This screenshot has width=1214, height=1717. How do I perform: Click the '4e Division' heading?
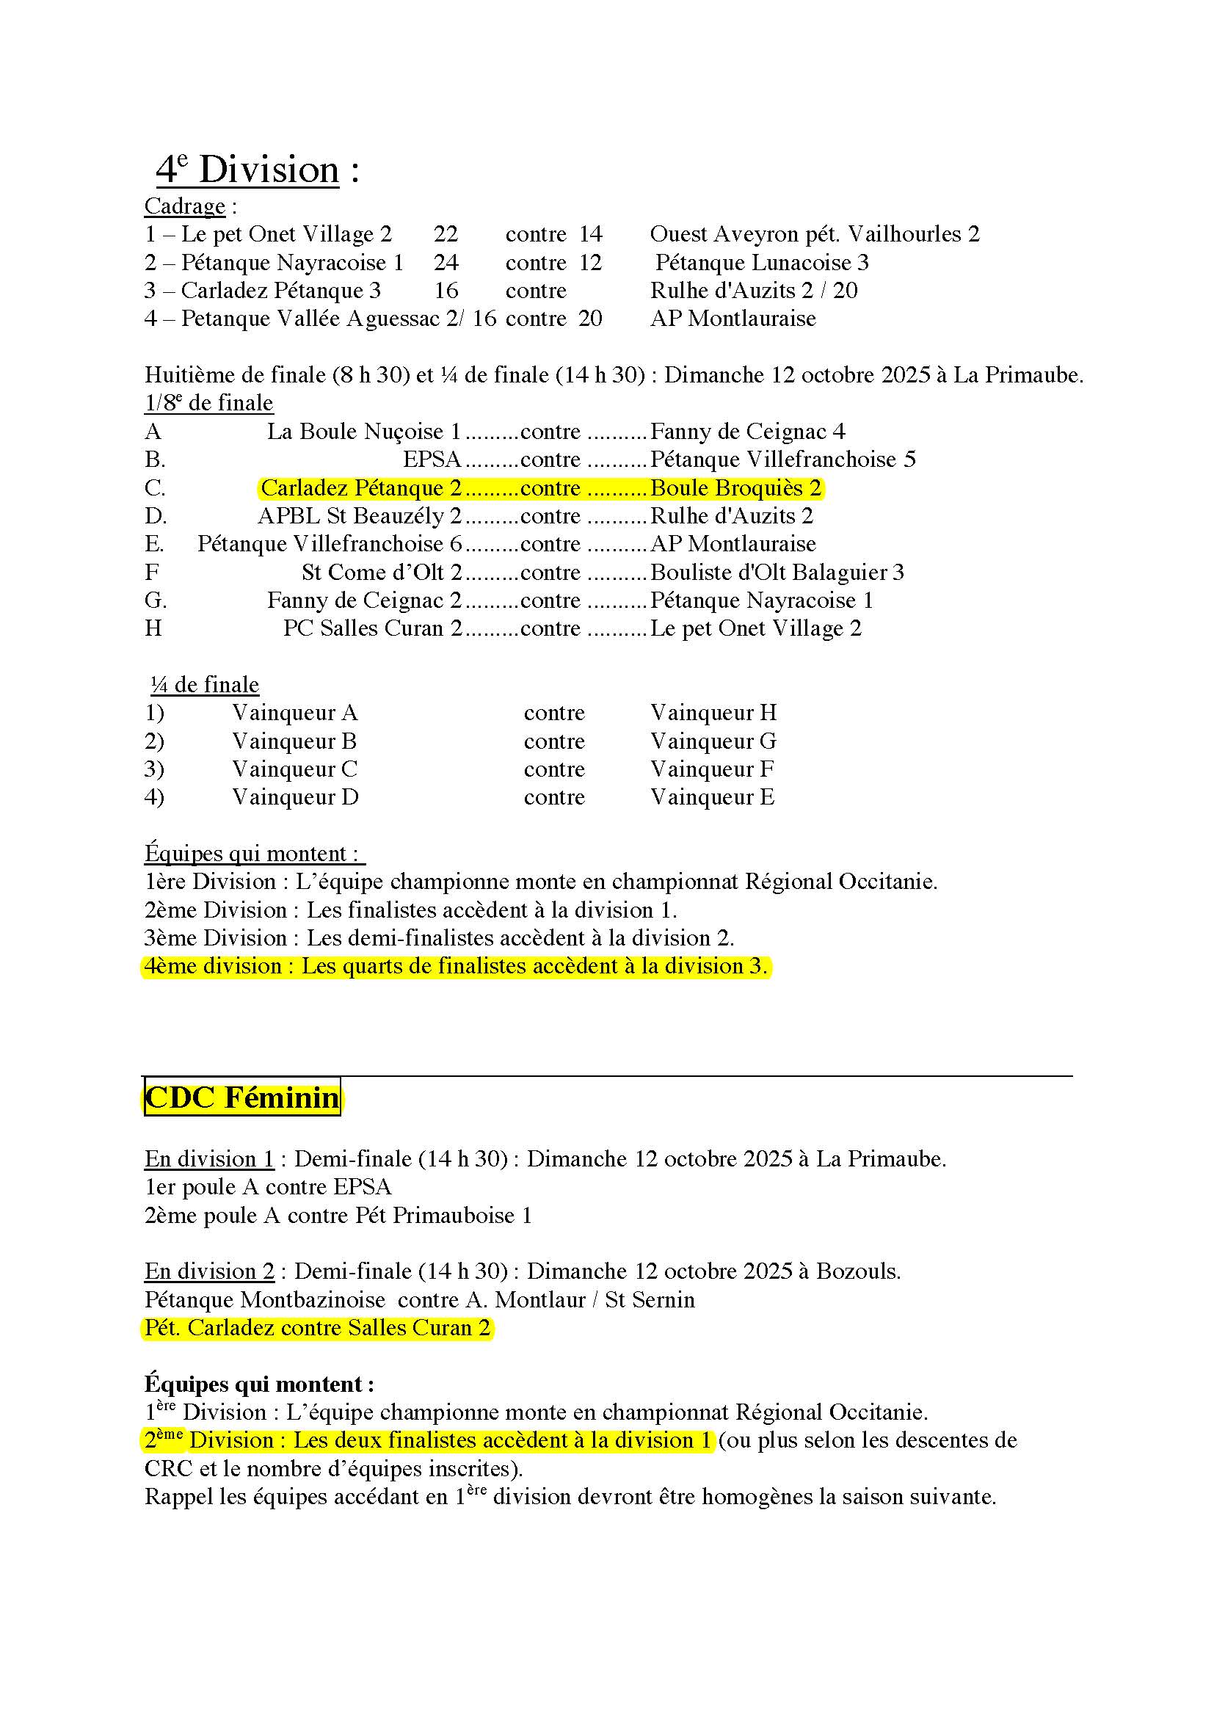coord(247,170)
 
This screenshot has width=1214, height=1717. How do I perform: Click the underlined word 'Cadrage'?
coord(185,206)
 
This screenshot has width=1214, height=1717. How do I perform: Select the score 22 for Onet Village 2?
coord(446,234)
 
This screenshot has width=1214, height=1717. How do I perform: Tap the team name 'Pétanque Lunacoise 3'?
coord(762,263)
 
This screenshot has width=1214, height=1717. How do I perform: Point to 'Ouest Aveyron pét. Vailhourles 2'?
coord(814,234)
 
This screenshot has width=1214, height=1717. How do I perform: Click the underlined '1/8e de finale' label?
coord(208,403)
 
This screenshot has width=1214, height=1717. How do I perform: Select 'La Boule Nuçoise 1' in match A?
coord(364,432)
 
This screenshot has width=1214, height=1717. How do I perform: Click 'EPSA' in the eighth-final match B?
coord(432,459)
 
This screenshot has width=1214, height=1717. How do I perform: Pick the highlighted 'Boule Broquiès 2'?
coord(735,487)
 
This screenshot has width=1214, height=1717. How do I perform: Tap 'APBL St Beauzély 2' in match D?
coord(360,516)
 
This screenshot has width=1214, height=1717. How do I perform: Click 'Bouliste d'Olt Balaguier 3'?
coord(777,572)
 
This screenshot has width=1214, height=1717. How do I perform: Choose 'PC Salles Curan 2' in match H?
coord(372,628)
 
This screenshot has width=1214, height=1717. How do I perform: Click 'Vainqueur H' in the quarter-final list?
coord(713,713)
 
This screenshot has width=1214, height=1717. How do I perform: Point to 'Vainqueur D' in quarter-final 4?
coord(295,797)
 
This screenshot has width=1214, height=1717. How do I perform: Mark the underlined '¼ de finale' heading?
coord(205,684)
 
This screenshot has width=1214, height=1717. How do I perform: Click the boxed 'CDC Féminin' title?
coord(241,1097)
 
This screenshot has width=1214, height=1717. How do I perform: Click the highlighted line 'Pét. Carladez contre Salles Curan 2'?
coord(317,1327)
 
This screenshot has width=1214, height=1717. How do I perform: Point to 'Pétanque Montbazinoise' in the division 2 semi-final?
coord(265,1300)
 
